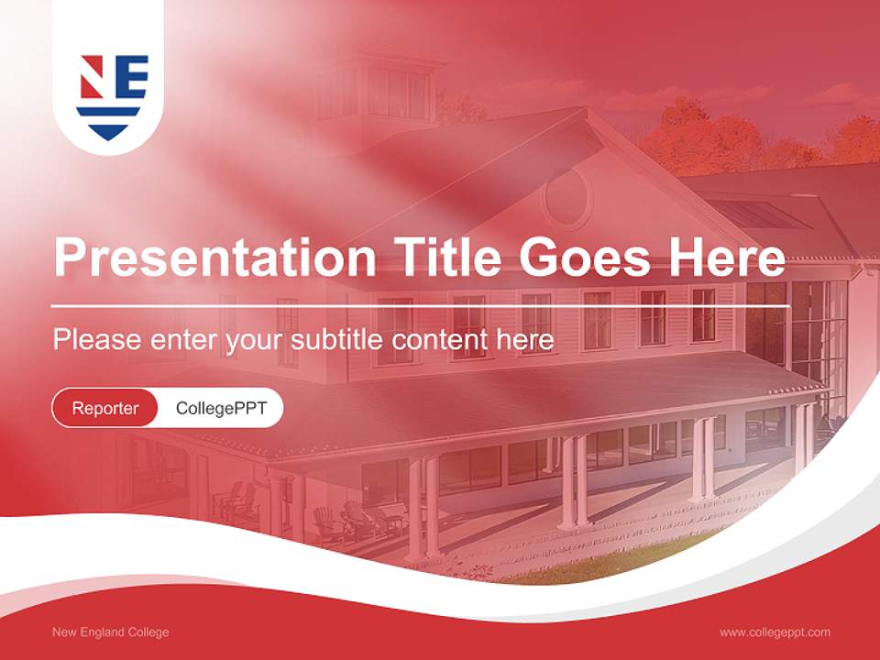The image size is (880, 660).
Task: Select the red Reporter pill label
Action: point(105,408)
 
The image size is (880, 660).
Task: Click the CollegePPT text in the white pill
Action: point(221,408)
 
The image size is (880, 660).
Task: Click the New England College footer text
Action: point(111,632)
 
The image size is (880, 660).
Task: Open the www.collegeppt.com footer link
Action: point(775,632)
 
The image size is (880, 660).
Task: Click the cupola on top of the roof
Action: point(386,92)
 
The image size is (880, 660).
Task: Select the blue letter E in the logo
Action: point(131,77)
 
